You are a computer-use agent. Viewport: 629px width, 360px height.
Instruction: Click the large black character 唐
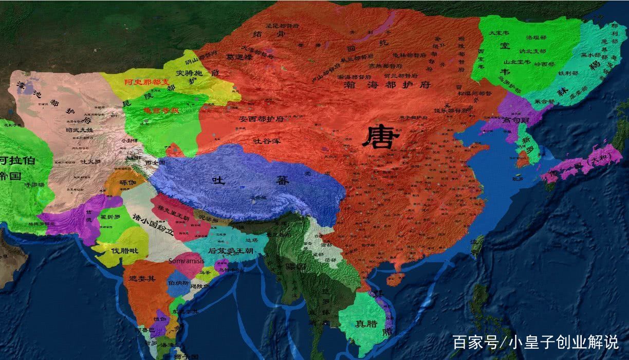pyautogui.click(x=381, y=137)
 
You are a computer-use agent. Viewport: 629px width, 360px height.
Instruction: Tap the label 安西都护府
pyautogui.click(x=262, y=119)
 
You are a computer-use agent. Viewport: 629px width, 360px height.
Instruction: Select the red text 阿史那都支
pyautogui.click(x=146, y=82)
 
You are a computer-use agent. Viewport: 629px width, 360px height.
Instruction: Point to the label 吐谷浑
pyautogui.click(x=267, y=140)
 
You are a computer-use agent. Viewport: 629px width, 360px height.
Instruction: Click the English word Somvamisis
pyautogui.click(x=187, y=261)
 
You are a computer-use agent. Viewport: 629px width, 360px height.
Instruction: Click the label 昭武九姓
pyautogui.click(x=80, y=130)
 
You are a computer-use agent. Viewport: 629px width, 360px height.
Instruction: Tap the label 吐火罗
pyautogui.click(x=91, y=161)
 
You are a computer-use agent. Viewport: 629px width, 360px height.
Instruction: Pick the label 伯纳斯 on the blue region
pyautogui.click(x=175, y=283)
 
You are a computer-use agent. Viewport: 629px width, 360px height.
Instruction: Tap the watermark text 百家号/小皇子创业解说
pyautogui.click(x=535, y=342)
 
